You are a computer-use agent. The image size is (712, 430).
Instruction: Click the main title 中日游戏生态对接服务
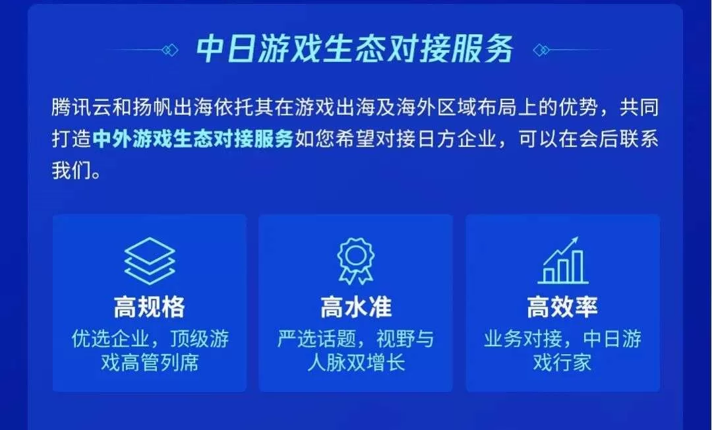tap(355, 49)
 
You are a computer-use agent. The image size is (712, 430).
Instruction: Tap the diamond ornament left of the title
tap(170, 49)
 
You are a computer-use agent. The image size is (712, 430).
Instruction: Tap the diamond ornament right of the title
tap(541, 49)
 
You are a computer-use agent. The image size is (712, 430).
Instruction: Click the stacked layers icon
tap(150, 261)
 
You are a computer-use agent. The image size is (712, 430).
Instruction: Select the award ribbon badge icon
tap(355, 261)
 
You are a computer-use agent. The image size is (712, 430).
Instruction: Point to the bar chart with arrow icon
tap(562, 261)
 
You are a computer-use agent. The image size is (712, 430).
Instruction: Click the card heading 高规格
tap(150, 307)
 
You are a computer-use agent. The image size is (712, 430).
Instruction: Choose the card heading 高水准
tap(356, 307)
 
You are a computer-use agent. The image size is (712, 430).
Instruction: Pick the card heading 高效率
tap(562, 307)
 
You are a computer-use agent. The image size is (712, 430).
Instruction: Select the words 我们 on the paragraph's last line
tap(71, 171)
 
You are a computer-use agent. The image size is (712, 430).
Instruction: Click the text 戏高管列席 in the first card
tap(150, 363)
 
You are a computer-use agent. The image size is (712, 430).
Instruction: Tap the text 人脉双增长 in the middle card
tap(356, 363)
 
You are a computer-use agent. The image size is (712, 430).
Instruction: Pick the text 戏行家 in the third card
tap(562, 363)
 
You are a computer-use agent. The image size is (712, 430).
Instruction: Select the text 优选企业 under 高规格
tap(110, 339)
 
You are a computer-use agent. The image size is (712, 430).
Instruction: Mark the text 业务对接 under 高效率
tap(523, 339)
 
